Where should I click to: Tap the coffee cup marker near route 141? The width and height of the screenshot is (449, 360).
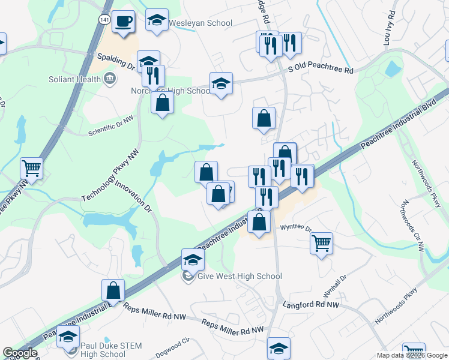click(124, 22)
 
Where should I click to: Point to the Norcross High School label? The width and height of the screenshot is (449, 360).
click(170, 91)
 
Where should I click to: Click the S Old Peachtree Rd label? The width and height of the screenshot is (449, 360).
click(321, 70)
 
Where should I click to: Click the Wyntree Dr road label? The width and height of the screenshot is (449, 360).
click(297, 228)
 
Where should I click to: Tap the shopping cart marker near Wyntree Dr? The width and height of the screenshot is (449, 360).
click(322, 242)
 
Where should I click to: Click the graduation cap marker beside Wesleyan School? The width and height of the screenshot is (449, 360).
click(157, 21)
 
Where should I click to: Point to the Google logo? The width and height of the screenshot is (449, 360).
click(20, 353)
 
